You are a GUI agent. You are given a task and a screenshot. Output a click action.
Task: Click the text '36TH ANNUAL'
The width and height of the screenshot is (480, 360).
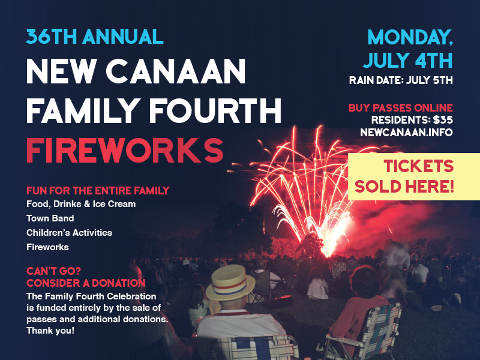95,37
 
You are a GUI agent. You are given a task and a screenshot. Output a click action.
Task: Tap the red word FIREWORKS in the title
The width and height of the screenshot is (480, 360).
125,151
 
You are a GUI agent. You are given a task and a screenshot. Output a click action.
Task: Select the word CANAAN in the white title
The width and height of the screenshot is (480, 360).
176,71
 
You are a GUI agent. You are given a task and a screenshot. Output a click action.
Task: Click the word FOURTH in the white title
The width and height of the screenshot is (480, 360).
217,110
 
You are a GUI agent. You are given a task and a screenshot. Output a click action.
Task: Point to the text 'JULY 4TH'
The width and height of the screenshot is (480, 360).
408,60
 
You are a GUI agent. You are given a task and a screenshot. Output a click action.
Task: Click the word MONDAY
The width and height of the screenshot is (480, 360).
410,37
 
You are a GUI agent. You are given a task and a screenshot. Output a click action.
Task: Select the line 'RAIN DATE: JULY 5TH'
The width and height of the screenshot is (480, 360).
401,80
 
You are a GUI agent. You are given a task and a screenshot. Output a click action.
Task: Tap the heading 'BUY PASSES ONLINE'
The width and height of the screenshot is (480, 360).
400,108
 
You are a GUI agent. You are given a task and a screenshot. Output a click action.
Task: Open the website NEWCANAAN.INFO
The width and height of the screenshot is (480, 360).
406,132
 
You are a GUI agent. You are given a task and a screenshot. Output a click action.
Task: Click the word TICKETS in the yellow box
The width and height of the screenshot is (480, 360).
418,166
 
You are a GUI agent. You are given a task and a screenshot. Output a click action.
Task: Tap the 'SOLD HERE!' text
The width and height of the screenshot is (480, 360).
404,186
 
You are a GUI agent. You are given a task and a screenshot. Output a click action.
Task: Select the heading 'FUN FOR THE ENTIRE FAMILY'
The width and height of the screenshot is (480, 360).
98,190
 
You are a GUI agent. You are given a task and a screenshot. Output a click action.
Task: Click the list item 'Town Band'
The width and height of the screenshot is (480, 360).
50,218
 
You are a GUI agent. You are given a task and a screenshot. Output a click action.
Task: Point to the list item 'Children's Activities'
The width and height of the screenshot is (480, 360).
69,233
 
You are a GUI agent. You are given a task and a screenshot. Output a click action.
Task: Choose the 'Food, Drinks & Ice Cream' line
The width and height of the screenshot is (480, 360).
81,204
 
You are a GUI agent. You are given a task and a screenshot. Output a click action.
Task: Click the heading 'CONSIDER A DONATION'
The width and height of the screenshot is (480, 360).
86,283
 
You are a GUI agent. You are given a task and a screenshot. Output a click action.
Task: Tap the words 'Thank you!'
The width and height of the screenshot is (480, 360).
50,331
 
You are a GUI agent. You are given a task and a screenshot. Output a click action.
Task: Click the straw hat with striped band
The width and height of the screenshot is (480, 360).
230,283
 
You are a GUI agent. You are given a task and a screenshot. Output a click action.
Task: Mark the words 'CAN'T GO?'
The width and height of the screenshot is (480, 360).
53,271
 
